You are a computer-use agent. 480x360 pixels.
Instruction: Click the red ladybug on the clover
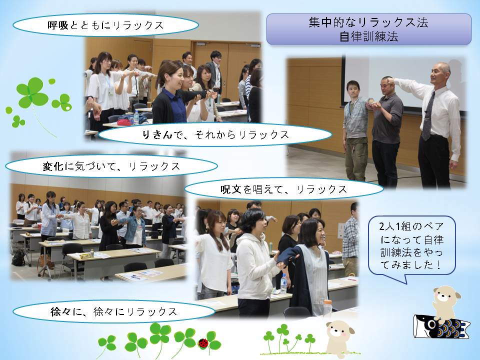coord(203,343)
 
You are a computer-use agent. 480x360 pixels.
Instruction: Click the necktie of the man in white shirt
coord(428,116)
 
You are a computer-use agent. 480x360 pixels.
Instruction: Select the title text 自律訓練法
coord(368,36)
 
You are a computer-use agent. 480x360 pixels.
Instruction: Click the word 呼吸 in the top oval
coord(58,25)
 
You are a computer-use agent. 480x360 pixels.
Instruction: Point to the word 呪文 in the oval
coord(231,189)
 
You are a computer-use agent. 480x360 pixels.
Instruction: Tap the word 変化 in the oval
coord(53,166)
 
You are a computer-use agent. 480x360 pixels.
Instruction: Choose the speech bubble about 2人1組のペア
coord(411,246)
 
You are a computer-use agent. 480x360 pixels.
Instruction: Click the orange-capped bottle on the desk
coord(327,307)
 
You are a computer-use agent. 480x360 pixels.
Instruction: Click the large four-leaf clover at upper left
coord(32,93)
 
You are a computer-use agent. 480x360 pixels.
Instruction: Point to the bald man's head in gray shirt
coord(386,85)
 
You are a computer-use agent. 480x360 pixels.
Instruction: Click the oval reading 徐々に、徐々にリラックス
coord(114,311)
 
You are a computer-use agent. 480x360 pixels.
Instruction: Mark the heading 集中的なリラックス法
coord(368,22)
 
